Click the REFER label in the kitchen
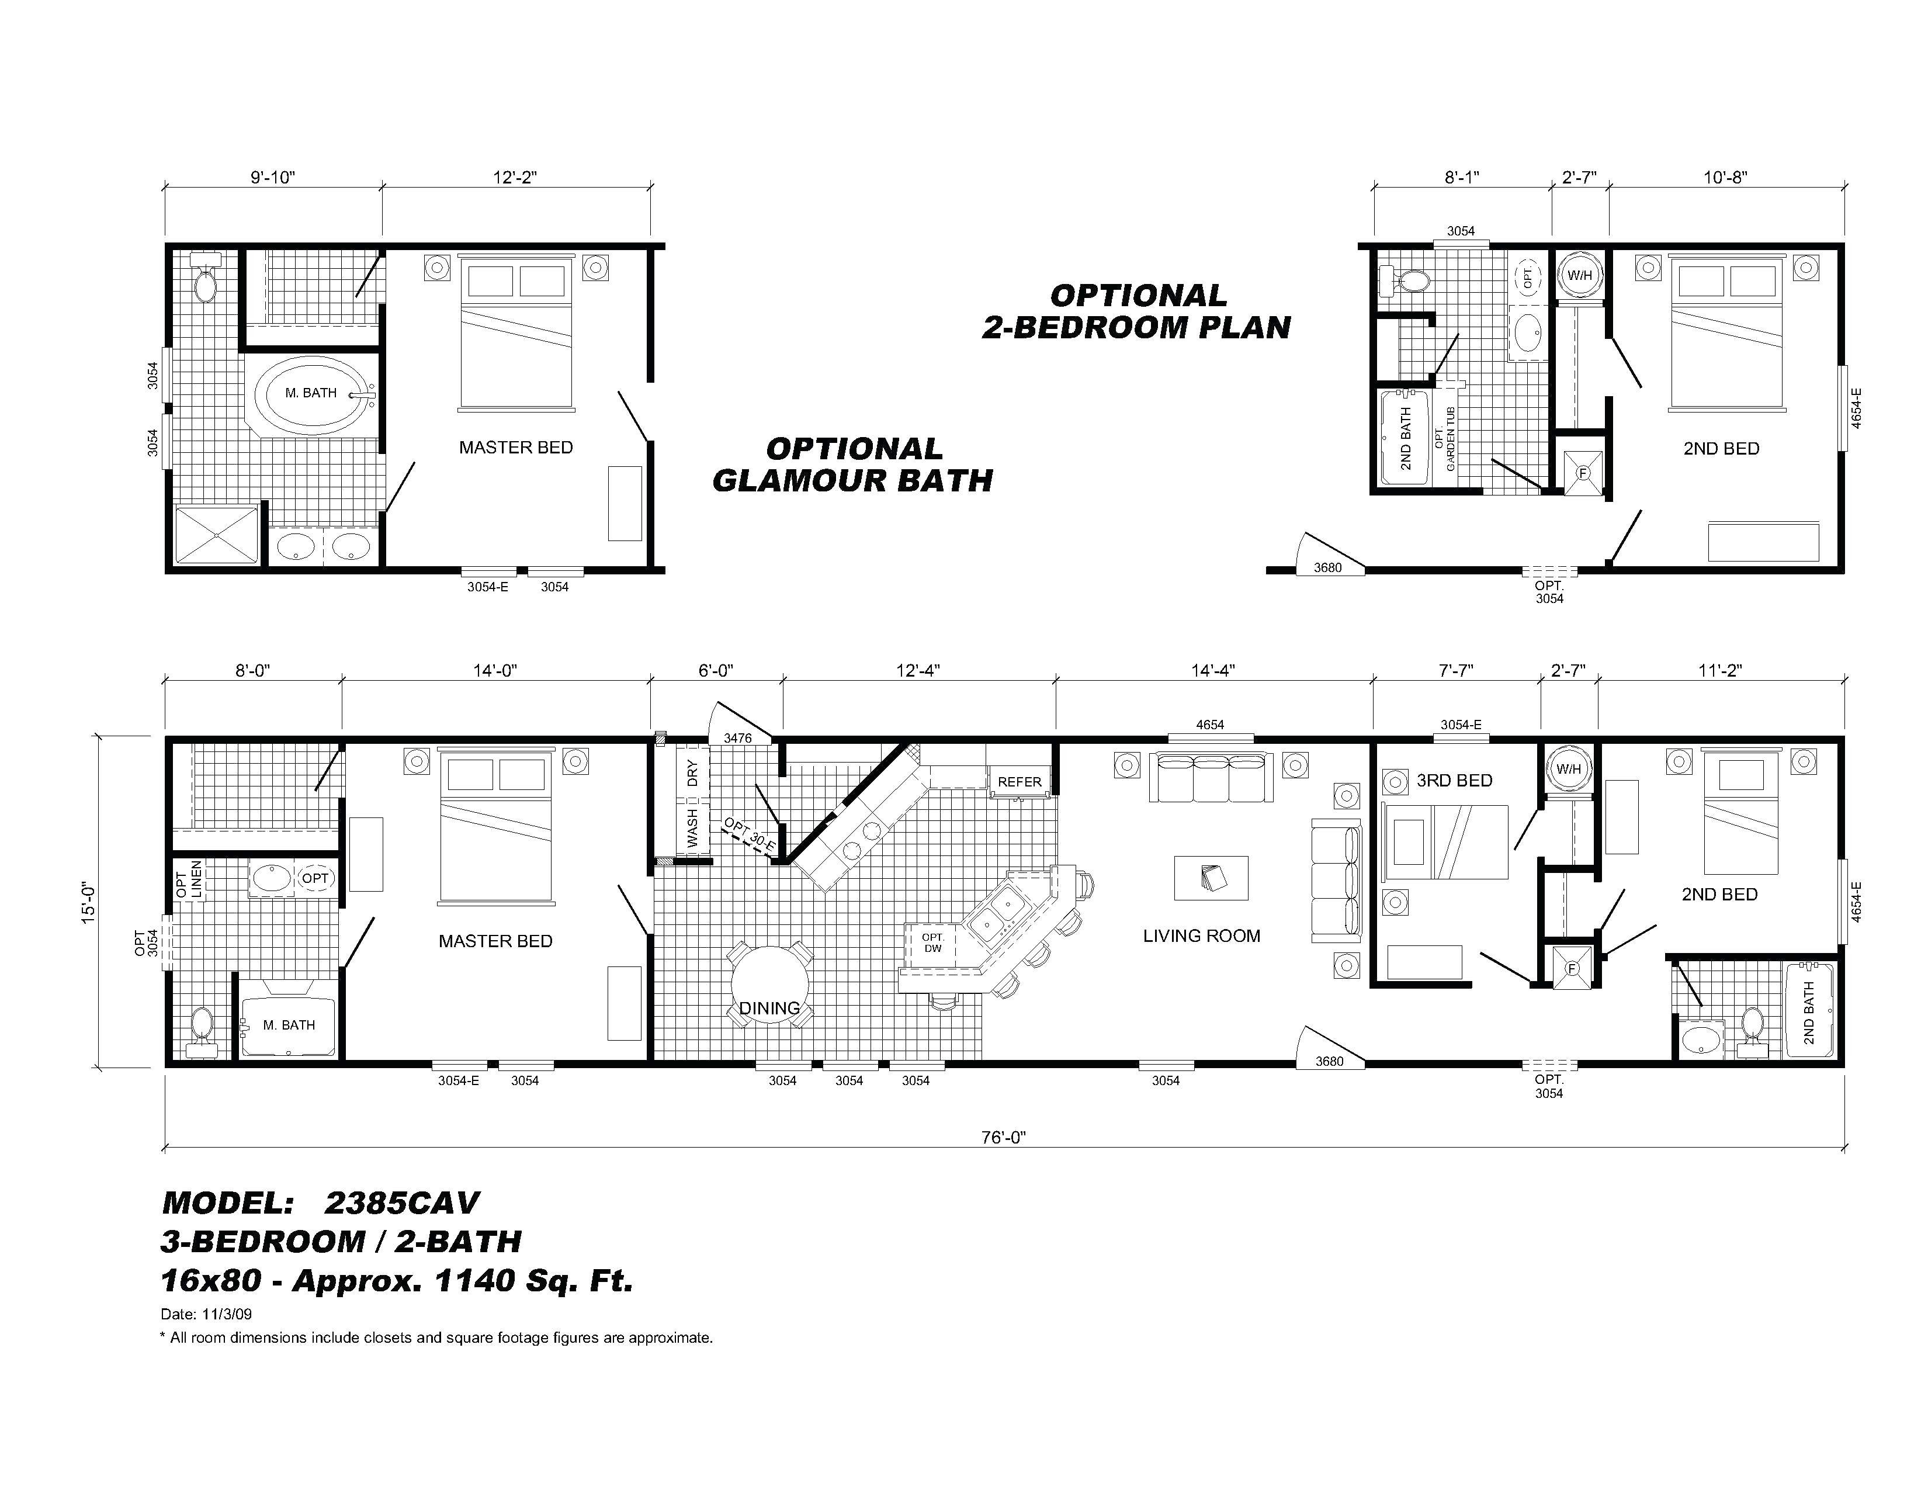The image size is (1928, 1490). pos(1020,781)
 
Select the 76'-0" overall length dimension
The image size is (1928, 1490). pos(1004,1138)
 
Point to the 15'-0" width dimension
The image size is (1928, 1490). pos(88,902)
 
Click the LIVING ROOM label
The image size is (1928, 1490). pos(1201,935)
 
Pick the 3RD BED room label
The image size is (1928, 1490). pos(1454,780)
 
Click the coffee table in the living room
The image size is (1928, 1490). pos(1211,878)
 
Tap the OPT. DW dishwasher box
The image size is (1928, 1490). pos(932,942)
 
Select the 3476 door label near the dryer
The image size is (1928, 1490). pos(737,738)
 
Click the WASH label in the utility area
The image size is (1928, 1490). pos(692,827)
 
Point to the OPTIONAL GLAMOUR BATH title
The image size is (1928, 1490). pos(853,465)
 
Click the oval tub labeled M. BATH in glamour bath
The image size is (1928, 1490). pos(311,394)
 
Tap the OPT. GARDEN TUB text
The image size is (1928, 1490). pos(1444,438)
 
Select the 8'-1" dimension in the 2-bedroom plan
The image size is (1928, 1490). pos(1461,178)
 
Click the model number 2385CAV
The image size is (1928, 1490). pos(402,1203)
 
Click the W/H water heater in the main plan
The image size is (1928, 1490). pos(1569,769)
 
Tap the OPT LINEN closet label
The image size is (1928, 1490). pos(189,879)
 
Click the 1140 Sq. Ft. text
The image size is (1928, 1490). pos(534,1280)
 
